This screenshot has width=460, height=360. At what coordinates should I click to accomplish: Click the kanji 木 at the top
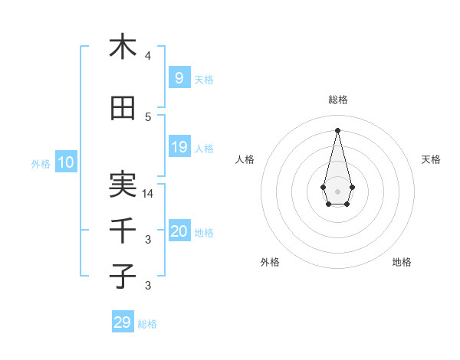pyautogui.click(x=123, y=47)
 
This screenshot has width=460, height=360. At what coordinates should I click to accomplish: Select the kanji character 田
pyautogui.click(x=123, y=109)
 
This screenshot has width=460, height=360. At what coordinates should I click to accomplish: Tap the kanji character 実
pyautogui.click(x=123, y=184)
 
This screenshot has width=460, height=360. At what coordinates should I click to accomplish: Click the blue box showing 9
pyautogui.click(x=179, y=78)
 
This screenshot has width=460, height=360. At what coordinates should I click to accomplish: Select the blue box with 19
pyautogui.click(x=179, y=147)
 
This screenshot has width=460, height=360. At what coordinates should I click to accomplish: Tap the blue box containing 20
pyautogui.click(x=179, y=232)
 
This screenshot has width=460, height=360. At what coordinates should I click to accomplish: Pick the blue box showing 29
pyautogui.click(x=123, y=322)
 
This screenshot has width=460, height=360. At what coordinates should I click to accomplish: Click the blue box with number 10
pyautogui.click(x=65, y=162)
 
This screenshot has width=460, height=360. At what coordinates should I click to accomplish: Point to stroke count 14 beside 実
pyautogui.click(x=148, y=194)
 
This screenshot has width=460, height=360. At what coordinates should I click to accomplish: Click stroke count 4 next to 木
pyautogui.click(x=148, y=56)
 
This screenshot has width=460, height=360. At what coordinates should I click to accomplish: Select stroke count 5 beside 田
pyautogui.click(x=148, y=117)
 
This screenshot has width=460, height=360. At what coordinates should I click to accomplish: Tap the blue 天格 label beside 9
pyautogui.click(x=203, y=80)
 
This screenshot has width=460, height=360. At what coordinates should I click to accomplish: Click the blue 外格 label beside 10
pyautogui.click(x=40, y=163)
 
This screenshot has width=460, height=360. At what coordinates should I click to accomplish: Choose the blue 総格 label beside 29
pyautogui.click(x=147, y=324)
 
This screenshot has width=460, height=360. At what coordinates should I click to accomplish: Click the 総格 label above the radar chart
pyautogui.click(x=337, y=100)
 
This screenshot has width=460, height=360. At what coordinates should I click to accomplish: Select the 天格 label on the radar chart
pyautogui.click(x=431, y=159)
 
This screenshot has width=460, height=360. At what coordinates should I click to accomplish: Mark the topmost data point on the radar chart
pyautogui.click(x=337, y=129)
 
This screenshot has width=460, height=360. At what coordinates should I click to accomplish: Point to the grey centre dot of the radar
pyautogui.click(x=337, y=191)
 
